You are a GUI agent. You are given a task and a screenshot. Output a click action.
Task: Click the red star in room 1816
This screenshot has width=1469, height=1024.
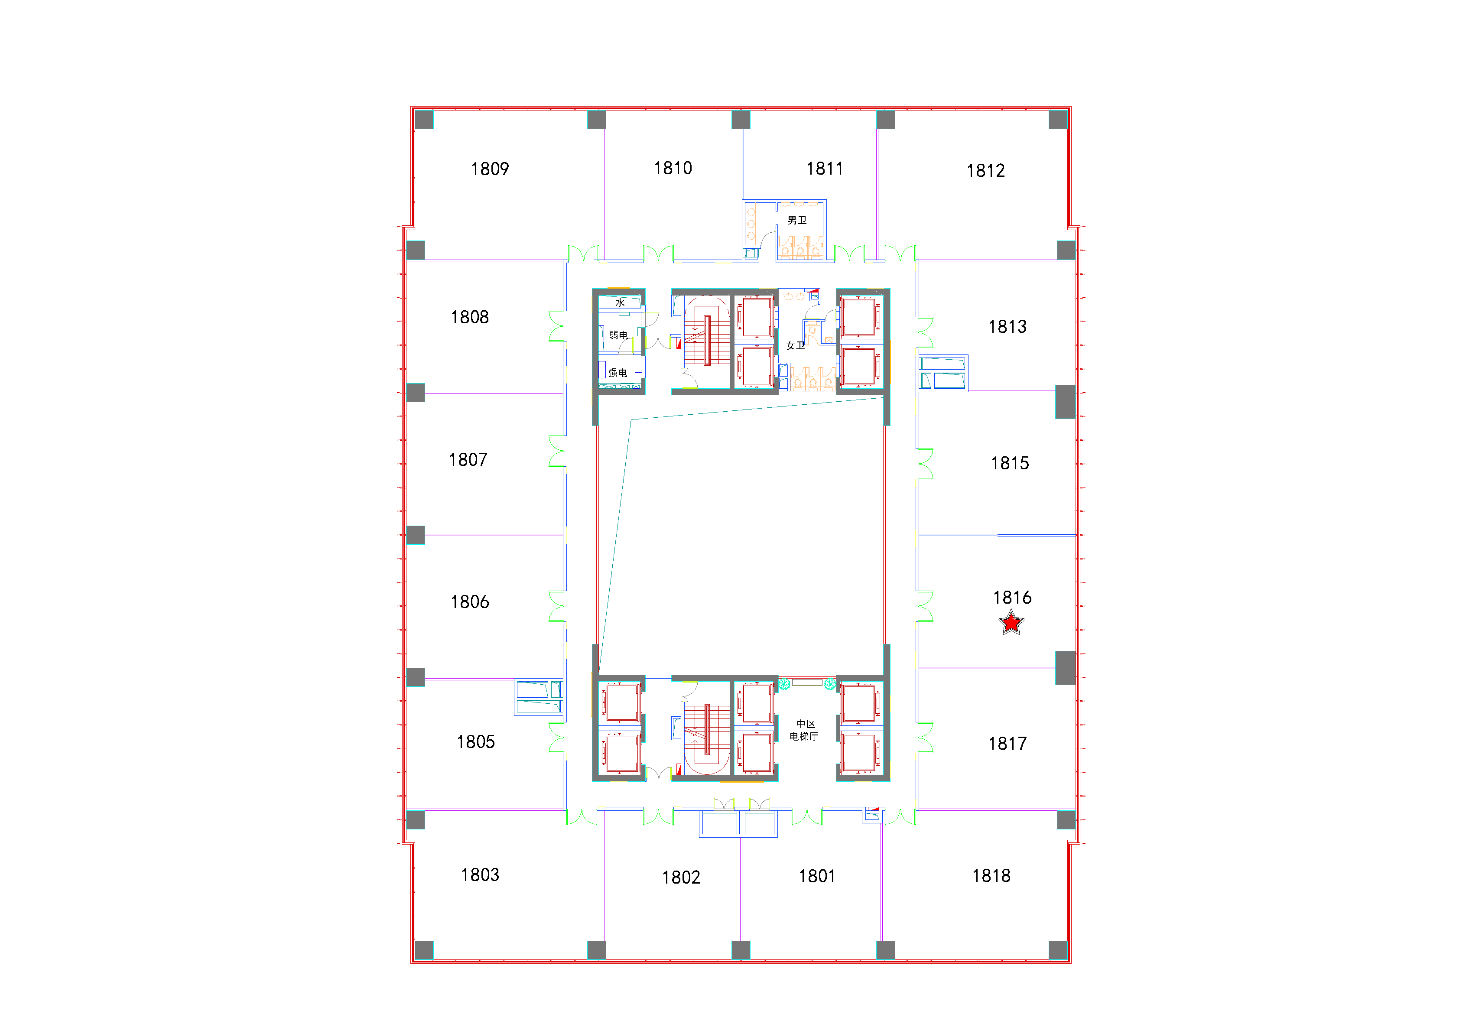pos(1011,622)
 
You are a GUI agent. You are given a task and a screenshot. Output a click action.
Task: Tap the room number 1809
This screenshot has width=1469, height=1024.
pos(490,169)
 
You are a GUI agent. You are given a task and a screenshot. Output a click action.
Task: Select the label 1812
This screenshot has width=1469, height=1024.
pos(985,171)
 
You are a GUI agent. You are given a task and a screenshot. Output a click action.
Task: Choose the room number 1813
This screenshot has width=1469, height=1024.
pos(1007,327)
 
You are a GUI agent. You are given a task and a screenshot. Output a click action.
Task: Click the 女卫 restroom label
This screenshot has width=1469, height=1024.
pos(795,346)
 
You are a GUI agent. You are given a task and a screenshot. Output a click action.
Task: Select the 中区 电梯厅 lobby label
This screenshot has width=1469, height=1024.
pos(804,730)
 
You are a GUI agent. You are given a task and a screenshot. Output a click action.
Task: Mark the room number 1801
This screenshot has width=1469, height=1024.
pos(816,876)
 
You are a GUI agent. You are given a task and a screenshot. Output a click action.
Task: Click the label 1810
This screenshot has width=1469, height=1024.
pos(673,168)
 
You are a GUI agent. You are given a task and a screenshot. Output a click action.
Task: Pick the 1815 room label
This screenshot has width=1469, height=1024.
pos(1010,463)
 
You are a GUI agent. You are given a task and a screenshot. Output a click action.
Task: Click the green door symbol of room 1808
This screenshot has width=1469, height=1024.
pos(557,326)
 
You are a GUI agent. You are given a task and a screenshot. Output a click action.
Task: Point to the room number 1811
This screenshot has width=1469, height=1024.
pos(824,169)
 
